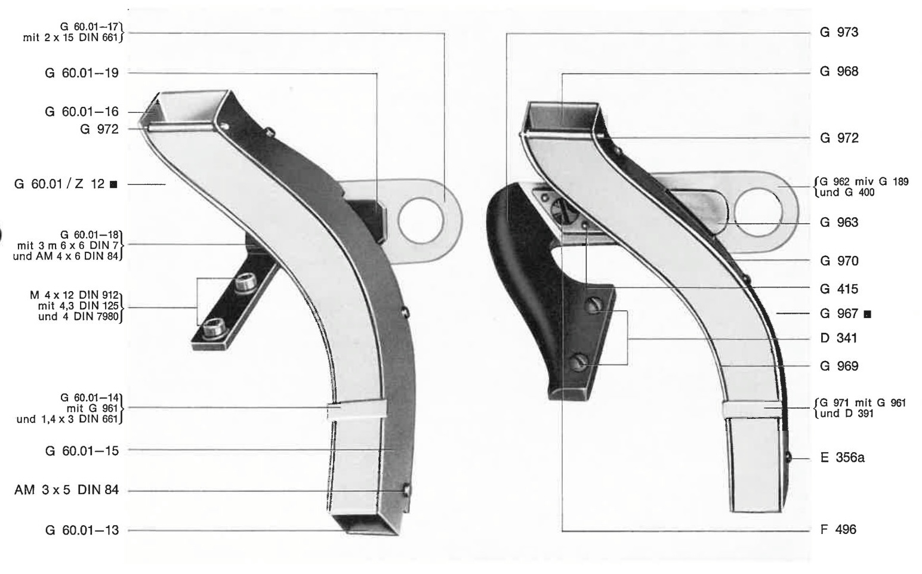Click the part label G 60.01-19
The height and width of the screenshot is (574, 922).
tap(82, 73)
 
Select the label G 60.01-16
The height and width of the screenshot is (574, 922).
tap(82, 112)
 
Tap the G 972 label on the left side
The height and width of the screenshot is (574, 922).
tap(99, 129)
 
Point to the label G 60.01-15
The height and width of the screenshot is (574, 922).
tap(82, 451)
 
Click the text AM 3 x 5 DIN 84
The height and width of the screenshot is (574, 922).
tap(67, 490)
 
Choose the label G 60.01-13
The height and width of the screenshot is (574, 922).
tap(82, 530)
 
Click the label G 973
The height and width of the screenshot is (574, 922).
tap(839, 32)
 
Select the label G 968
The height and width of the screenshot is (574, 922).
tap(839, 72)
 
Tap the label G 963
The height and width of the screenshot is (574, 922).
tap(839, 223)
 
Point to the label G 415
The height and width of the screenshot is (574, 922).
tap(839, 289)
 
